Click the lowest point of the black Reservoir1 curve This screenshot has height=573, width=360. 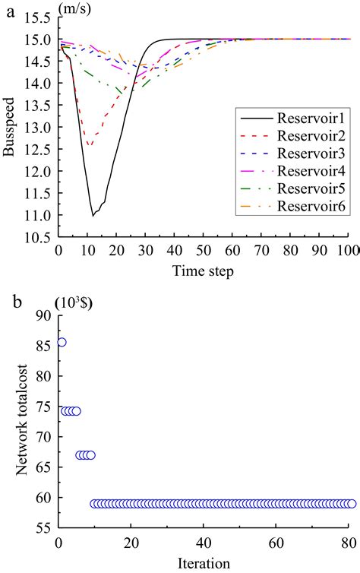tap(93, 216)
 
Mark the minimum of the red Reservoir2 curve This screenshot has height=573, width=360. tap(90, 145)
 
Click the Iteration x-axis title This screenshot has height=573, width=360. tap(203, 564)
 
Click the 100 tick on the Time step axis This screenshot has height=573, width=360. tap(347, 251)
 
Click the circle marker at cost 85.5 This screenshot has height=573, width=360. tap(62, 342)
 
